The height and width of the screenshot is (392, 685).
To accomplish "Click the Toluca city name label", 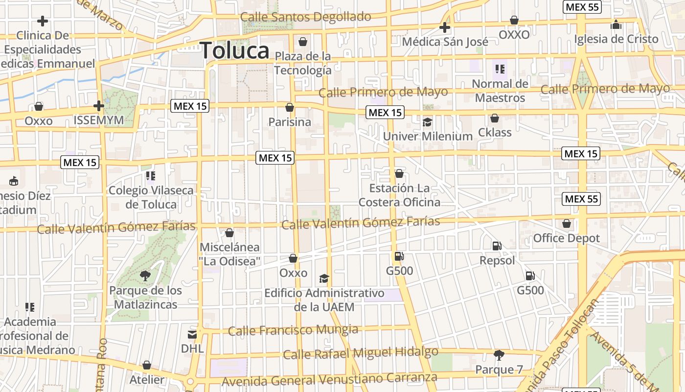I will click(x=235, y=50).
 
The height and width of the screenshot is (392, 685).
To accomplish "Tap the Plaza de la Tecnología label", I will click(x=303, y=63).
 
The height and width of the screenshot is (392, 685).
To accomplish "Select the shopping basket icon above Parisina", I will click(x=290, y=107).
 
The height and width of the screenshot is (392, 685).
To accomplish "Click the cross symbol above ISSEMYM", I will click(x=99, y=105).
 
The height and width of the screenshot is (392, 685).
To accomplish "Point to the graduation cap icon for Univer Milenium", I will click(x=428, y=122).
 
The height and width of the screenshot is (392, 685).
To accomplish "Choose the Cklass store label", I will click(x=495, y=132).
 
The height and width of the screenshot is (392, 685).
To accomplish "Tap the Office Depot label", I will click(x=566, y=238).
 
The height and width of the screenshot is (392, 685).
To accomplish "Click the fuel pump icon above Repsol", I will click(x=497, y=245).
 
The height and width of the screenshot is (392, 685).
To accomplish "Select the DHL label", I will click(x=192, y=349).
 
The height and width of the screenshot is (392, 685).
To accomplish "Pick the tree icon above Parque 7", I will click(x=499, y=355).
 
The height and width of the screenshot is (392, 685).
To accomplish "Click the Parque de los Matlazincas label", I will click(x=145, y=297).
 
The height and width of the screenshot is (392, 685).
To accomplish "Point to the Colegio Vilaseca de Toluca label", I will click(x=151, y=197).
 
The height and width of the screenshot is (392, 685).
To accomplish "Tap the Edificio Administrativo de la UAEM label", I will click(x=324, y=300).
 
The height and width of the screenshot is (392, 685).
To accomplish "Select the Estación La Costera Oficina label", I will click(x=399, y=195).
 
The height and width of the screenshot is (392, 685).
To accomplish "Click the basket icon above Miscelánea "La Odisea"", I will click(x=229, y=233).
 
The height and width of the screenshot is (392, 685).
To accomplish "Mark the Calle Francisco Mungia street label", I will click(x=293, y=330).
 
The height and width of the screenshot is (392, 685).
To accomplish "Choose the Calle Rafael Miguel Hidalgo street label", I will click(x=361, y=353).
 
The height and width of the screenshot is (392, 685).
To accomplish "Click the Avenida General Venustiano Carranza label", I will click(x=329, y=379).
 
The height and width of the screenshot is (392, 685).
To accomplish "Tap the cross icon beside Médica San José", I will click(x=445, y=27).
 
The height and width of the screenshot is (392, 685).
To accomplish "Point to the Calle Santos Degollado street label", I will click(x=306, y=17).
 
